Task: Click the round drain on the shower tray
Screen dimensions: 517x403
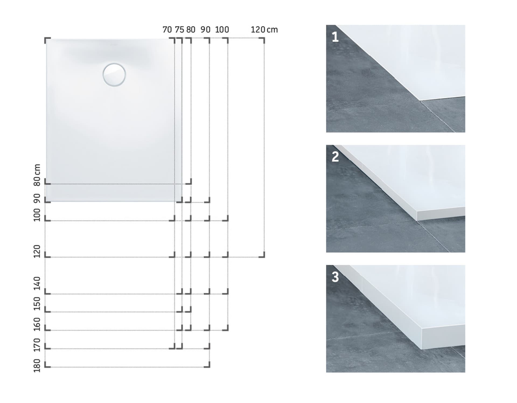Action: tap(114, 75)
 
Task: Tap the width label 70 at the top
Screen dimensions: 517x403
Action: tap(167, 30)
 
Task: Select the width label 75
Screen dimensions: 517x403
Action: tap(179, 30)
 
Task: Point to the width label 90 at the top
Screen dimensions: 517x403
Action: tap(205, 30)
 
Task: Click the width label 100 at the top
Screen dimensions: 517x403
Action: tap(222, 30)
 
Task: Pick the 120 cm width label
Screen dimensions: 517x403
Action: tap(264, 30)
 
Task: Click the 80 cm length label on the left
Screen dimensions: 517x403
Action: tap(37, 175)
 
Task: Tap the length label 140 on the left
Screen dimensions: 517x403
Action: tap(37, 283)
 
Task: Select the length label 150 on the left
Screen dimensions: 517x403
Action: tap(37, 304)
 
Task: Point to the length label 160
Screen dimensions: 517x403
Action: tap(37, 324)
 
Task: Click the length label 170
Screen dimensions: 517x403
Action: tap(37, 345)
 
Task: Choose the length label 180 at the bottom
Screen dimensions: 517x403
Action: tap(37, 366)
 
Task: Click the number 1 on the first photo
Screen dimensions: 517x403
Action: tap(335, 37)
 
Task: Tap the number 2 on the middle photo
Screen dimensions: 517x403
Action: tap(335, 157)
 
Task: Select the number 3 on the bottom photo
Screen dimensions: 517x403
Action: tap(335, 277)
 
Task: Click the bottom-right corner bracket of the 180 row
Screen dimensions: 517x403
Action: tap(207, 364)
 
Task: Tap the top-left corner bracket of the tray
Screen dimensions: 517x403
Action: tap(47, 40)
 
